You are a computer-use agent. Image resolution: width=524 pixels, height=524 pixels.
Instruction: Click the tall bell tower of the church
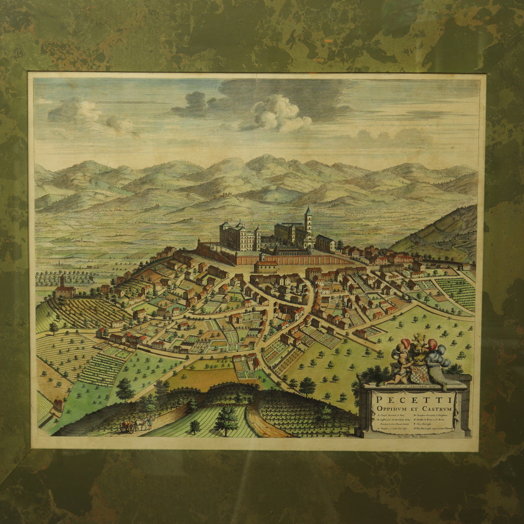coord(308,223)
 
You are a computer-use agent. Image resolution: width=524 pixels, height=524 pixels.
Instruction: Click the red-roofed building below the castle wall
coord(266,267)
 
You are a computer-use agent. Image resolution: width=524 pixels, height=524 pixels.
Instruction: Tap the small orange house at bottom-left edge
coord(58,405)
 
